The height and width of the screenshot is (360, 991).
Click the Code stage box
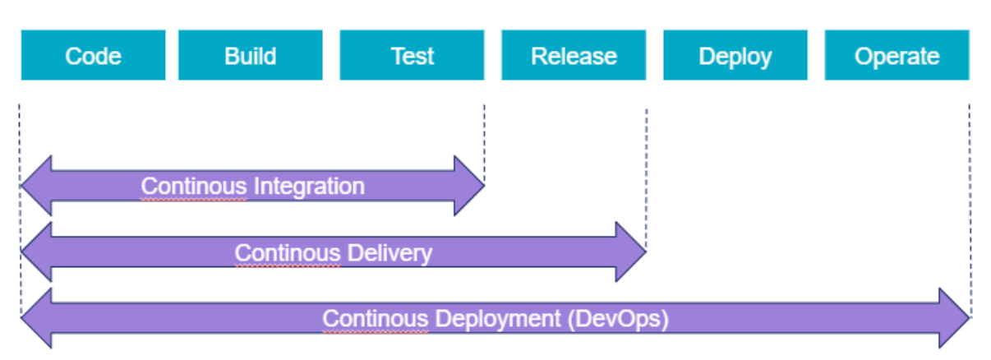[x=93, y=56]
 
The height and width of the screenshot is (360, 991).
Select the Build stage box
[x=250, y=56]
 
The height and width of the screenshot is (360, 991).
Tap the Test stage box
[x=412, y=56]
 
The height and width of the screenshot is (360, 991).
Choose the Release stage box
[x=574, y=56]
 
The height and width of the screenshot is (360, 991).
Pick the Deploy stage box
[x=735, y=56]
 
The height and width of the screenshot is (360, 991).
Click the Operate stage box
[x=897, y=56]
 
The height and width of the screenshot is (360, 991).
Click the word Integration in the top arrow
[x=309, y=187]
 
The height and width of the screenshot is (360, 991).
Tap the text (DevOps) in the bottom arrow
[x=618, y=319]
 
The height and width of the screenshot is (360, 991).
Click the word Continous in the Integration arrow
[x=193, y=187]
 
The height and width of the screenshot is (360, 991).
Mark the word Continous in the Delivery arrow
[x=287, y=252]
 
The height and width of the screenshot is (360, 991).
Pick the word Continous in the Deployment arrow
[x=374, y=319]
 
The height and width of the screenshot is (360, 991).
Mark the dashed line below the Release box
[x=646, y=164]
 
